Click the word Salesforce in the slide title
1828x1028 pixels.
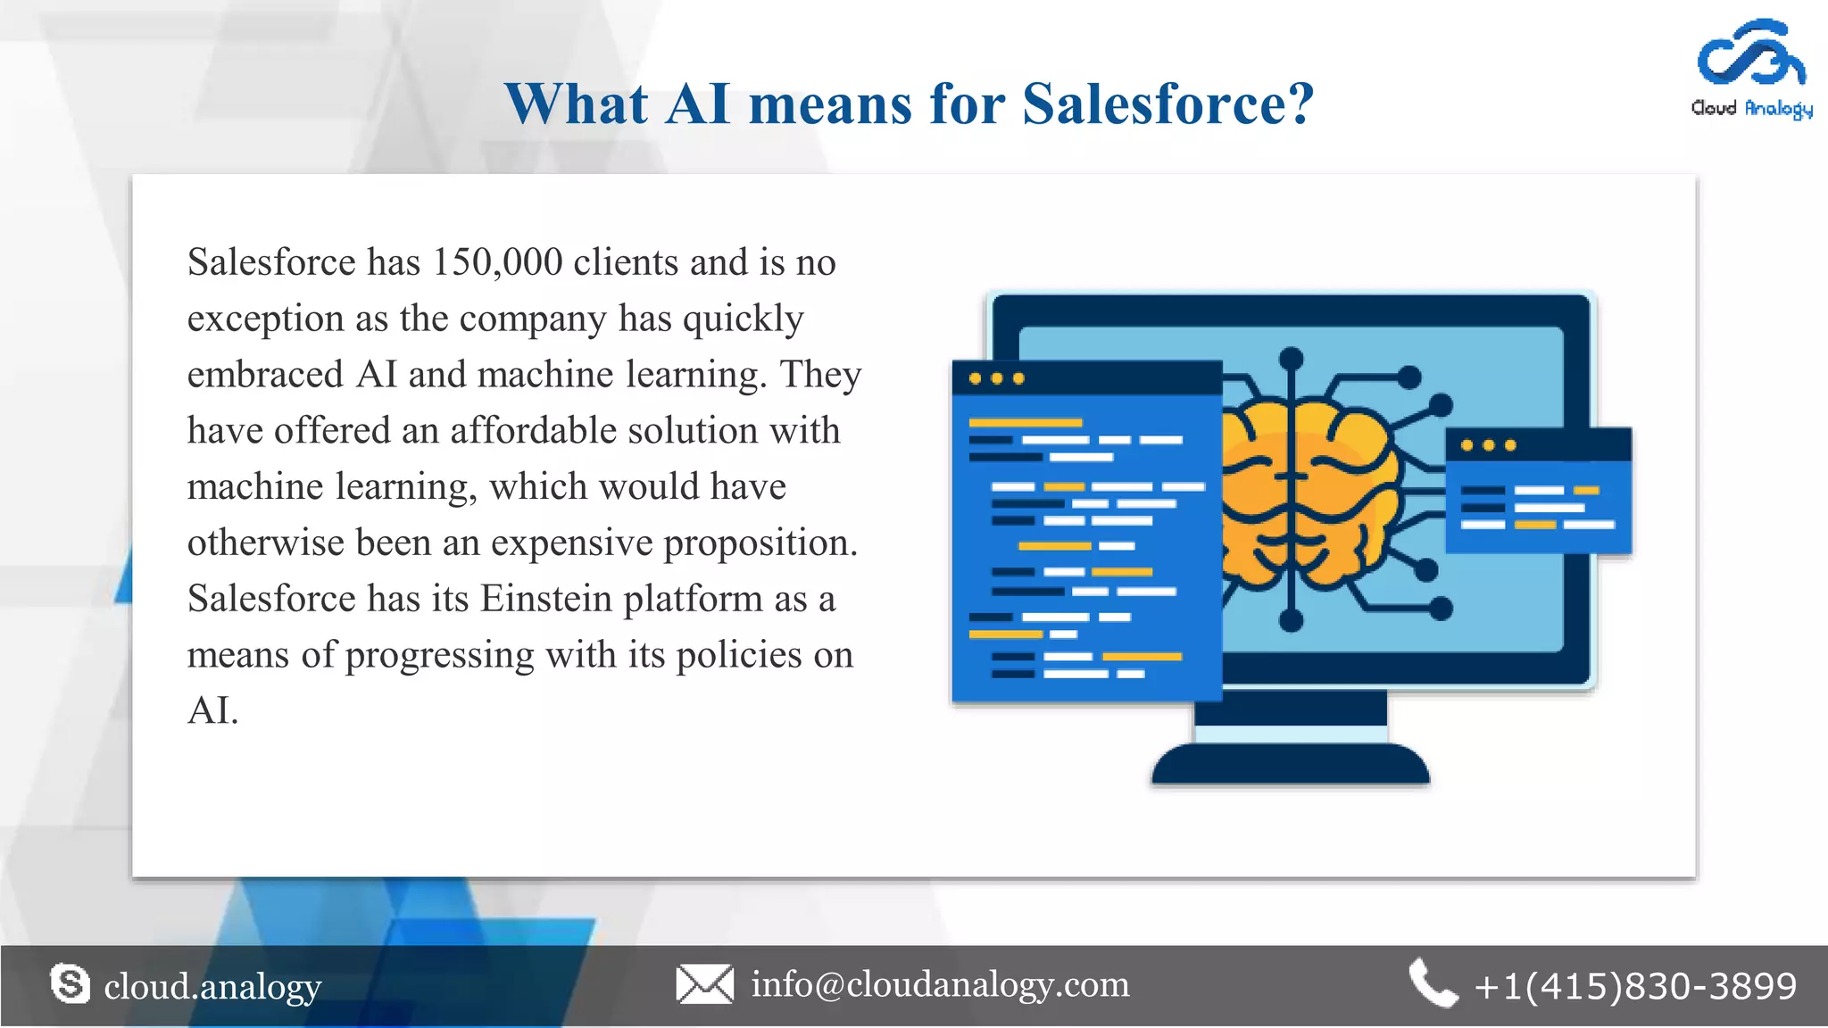(x=1168, y=104)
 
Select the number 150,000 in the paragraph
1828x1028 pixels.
(x=497, y=262)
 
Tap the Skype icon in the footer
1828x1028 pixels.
(x=71, y=984)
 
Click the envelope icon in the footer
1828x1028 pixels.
(x=704, y=984)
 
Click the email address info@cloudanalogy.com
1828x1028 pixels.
(x=940, y=984)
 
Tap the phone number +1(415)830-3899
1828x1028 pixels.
(x=1635, y=986)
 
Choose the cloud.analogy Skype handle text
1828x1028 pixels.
(x=212, y=987)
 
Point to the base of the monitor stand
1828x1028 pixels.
(x=1291, y=765)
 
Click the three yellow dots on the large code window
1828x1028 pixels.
(x=996, y=378)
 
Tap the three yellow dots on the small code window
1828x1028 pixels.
(x=1488, y=445)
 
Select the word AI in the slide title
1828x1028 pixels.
(x=698, y=104)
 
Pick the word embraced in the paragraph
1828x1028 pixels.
(x=265, y=375)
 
